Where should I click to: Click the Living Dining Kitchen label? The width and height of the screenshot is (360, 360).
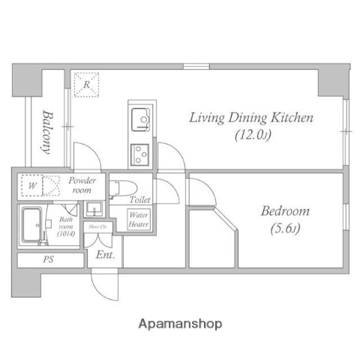(250, 118)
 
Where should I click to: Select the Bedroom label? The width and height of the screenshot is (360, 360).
(284, 211)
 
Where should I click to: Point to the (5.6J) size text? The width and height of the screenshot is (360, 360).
(284, 228)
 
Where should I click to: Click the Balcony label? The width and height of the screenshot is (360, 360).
(47, 132)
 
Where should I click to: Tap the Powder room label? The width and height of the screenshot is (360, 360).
(82, 185)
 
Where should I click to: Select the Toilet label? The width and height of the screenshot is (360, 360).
(139, 200)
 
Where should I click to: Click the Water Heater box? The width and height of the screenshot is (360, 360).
(139, 219)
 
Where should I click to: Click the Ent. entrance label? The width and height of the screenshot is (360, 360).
(103, 255)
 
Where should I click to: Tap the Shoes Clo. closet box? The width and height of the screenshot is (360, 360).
(97, 226)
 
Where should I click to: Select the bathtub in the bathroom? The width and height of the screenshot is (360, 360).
(33, 225)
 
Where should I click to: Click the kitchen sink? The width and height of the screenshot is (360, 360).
(140, 118)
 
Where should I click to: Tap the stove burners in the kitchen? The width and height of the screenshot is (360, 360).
(140, 154)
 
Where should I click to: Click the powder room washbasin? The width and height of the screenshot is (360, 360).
(94, 209)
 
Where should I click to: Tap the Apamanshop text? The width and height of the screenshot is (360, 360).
(180, 324)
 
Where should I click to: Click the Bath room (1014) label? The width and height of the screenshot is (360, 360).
(66, 227)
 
